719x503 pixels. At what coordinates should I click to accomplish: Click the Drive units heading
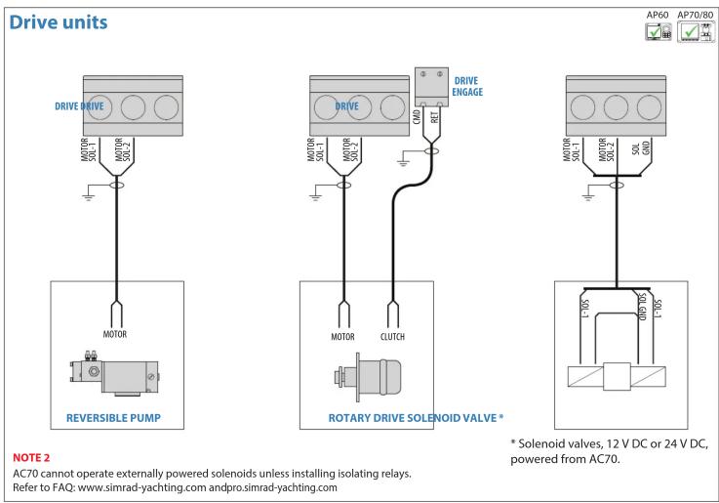(x=59, y=22)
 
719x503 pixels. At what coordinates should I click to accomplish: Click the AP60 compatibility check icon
(x=658, y=32)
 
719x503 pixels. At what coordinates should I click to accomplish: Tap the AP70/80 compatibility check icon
(x=696, y=32)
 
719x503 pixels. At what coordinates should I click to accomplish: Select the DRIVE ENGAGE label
(x=467, y=86)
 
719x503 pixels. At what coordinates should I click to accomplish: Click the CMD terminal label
(x=417, y=116)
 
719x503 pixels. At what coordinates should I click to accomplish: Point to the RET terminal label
(x=435, y=117)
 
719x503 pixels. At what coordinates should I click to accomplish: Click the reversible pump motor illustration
(x=115, y=373)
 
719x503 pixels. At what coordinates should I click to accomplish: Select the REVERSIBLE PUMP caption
(x=114, y=418)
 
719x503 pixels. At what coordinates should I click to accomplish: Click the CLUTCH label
(x=392, y=337)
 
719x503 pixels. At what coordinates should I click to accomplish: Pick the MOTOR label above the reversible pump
(x=115, y=334)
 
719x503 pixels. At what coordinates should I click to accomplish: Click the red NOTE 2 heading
(x=31, y=457)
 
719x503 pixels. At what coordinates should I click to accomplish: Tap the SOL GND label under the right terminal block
(x=641, y=148)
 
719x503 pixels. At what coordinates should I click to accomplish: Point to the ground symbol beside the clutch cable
(x=403, y=162)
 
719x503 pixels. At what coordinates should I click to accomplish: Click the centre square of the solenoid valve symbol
(x=617, y=376)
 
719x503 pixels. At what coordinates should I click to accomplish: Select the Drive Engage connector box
(x=431, y=87)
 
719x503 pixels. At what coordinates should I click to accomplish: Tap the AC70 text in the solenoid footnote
(x=603, y=459)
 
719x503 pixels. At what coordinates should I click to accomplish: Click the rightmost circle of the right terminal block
(x=650, y=107)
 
